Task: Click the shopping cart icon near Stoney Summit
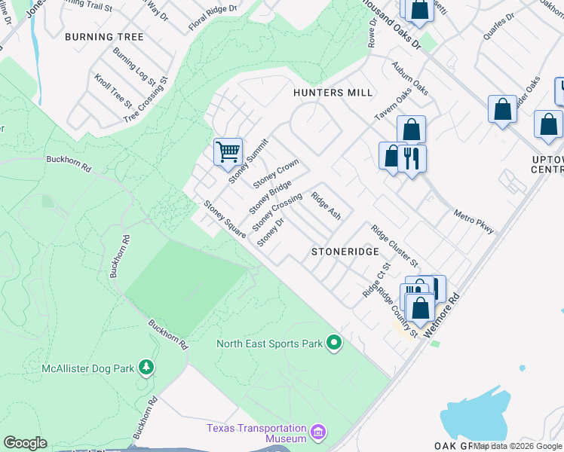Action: click(x=228, y=152)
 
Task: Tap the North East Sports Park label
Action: click(x=270, y=344)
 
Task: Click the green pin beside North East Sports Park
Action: click(x=334, y=344)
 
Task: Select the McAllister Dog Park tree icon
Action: click(x=146, y=368)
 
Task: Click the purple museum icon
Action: click(x=317, y=434)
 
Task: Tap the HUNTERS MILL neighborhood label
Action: click(x=333, y=93)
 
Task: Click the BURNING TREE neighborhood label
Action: click(x=104, y=37)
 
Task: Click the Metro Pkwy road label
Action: click(x=474, y=222)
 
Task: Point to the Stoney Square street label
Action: click(x=225, y=218)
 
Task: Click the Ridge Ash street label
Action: click(x=326, y=204)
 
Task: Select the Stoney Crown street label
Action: click(x=276, y=174)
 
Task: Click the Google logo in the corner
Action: click(x=25, y=443)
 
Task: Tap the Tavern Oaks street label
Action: click(x=393, y=106)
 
